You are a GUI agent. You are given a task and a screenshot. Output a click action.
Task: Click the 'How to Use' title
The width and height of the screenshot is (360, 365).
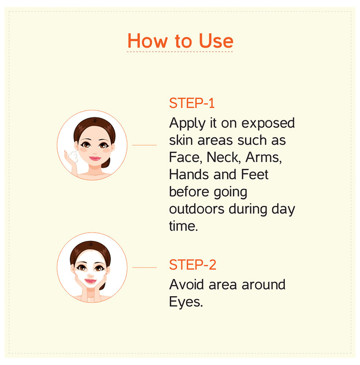180,41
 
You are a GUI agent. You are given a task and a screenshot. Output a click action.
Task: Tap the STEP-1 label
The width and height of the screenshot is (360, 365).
191,103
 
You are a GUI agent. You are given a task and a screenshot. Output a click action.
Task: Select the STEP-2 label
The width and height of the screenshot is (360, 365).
193,265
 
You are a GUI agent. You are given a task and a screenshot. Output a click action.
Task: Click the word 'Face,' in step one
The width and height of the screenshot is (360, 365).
184,157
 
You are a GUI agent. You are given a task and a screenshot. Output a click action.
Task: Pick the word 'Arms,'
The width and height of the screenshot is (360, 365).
263,157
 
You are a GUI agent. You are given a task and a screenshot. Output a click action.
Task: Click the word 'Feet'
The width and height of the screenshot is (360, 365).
255,174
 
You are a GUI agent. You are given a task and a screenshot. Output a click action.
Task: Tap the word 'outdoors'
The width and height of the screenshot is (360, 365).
197,209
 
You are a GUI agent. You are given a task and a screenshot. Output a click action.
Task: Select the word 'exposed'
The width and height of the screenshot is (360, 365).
268,124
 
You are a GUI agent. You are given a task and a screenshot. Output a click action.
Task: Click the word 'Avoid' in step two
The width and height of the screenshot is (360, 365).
186,285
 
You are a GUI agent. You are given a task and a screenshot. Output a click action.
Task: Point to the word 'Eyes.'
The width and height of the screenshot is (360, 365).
186,302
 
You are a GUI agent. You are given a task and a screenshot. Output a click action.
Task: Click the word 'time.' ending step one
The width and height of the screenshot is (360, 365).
183,226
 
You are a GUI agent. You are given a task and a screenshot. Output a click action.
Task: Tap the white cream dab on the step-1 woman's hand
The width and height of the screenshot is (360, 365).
73,156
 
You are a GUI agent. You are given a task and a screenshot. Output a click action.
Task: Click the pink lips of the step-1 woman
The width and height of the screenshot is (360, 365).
95,159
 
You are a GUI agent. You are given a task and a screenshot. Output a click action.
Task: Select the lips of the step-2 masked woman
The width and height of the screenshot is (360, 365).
90,281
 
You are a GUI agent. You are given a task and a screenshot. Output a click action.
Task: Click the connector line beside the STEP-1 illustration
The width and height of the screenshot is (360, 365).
145,145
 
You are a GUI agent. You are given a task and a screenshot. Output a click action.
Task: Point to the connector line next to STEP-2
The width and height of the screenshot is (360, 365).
145,267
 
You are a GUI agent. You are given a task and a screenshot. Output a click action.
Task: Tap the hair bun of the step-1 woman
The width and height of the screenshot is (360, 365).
106,163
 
